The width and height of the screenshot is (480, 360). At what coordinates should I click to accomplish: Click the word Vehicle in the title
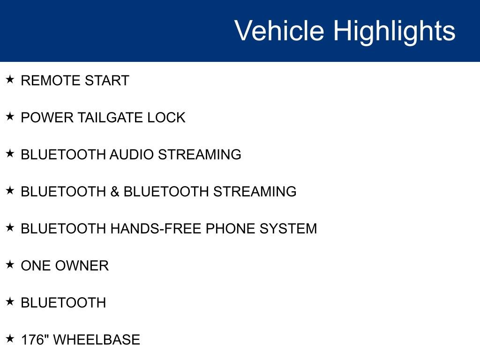[x=279, y=31]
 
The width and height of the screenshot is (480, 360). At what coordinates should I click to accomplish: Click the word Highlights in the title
[x=394, y=31]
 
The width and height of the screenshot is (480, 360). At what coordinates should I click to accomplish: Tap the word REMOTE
[x=45, y=81]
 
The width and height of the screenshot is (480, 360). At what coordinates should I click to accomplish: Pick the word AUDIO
[x=132, y=155]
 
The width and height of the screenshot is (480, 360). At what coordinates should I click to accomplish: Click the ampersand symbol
[x=115, y=192]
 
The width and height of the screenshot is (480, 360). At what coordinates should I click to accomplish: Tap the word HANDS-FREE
[x=156, y=229]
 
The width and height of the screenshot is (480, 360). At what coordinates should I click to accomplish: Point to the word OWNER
[x=82, y=266]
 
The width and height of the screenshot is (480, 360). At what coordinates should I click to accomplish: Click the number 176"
[x=35, y=340]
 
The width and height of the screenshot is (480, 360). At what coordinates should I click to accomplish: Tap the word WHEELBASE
[x=97, y=340]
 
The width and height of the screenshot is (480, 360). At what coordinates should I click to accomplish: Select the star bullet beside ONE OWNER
[x=10, y=264]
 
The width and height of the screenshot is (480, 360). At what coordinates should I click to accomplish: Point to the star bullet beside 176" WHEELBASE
[x=10, y=338]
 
